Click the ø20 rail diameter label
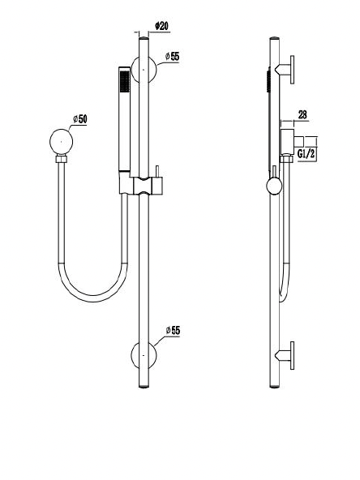pos(161,26)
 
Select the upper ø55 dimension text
pos(171,56)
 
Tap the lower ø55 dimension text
pos(171,331)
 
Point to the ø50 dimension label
pos(79,119)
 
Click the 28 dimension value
pos(302,115)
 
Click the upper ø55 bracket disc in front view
pos(145,71)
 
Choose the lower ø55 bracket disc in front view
pos(145,355)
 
